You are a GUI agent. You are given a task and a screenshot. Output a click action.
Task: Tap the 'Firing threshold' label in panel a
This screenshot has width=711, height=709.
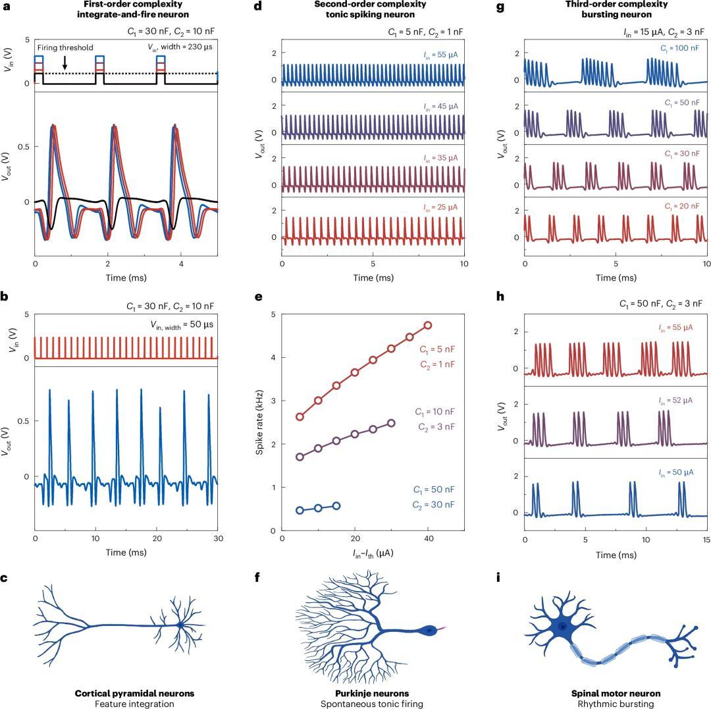pos(65,47)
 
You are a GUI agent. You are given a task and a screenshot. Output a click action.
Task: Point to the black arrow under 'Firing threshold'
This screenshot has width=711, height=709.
pos(65,63)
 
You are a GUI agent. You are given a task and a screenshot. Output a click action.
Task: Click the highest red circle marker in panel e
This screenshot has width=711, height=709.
pos(428,325)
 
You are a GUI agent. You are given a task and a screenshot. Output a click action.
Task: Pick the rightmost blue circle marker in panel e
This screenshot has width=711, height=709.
pos(336,506)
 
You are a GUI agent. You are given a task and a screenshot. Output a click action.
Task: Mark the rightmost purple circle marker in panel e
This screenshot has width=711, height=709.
pos(391,423)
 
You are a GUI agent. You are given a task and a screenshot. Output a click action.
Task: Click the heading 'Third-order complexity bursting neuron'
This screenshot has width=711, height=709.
pos(616,9)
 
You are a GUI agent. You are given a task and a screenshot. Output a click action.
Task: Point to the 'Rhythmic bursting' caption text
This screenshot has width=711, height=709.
pos(616,704)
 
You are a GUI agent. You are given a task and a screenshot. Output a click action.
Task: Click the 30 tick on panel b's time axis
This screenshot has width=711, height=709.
pos(219,538)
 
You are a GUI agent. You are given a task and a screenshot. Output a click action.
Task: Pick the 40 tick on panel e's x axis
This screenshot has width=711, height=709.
pos(428,538)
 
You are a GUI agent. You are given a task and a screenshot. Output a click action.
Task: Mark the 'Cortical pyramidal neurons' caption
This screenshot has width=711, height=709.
pos(134,693)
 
